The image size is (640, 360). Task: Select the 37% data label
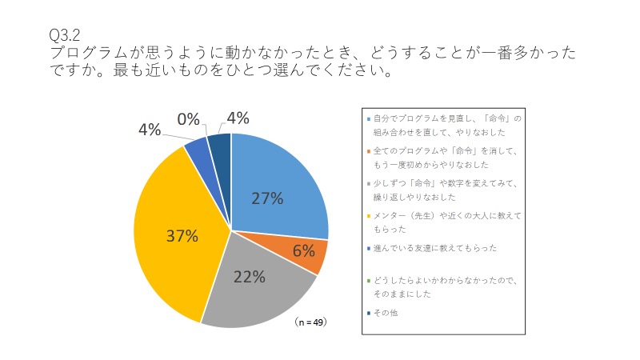(182, 236)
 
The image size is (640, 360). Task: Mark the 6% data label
(303, 250)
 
